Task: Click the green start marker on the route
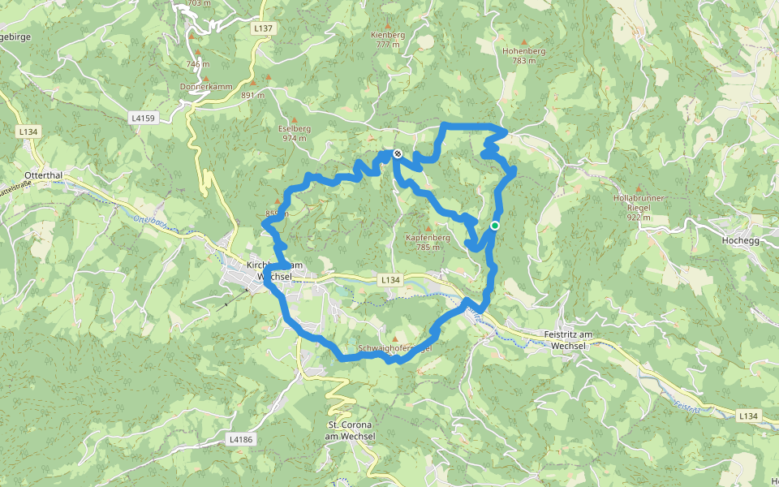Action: [495, 226]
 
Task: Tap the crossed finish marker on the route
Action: [397, 153]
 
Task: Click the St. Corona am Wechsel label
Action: [351, 431]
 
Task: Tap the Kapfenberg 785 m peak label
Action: [428, 242]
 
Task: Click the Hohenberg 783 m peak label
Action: [524, 55]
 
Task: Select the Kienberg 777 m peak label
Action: [388, 40]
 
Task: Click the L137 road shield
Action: [263, 28]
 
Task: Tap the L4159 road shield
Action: [142, 118]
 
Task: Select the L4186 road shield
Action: [241, 439]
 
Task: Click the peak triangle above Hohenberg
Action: [524, 41]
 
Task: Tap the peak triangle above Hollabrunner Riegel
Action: [639, 188]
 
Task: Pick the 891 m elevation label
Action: [253, 95]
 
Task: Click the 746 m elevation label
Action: [197, 64]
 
